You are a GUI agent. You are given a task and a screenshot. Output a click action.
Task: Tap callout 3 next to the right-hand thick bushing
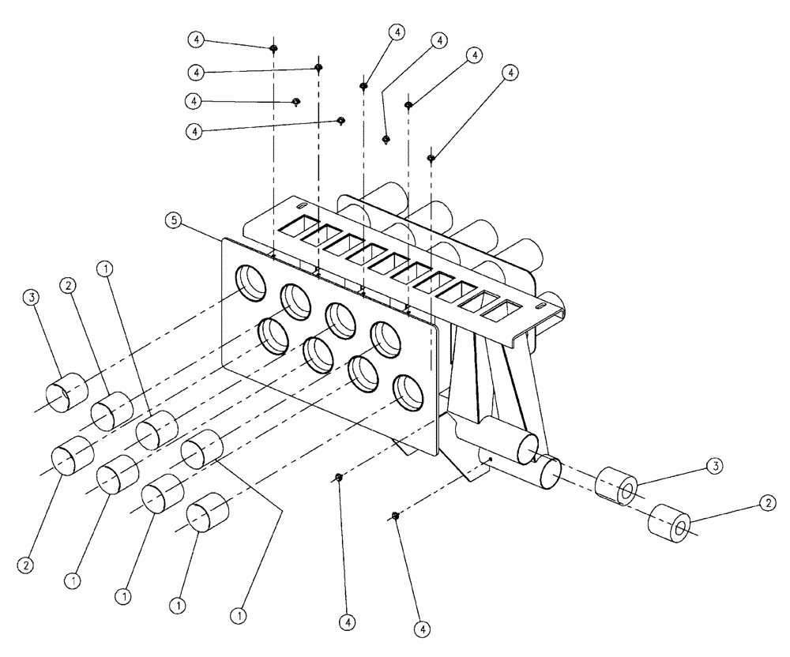tap(713, 466)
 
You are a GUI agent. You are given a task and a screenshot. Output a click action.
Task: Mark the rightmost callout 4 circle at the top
tap(511, 73)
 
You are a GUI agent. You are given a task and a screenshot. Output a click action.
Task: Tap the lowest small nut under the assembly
tap(396, 516)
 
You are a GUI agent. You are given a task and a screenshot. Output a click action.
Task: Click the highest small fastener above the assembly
tap(273, 48)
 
